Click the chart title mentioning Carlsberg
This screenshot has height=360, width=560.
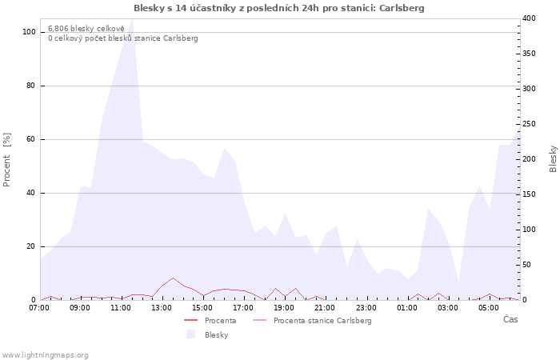(x=279, y=8)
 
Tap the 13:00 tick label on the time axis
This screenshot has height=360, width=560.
(x=162, y=308)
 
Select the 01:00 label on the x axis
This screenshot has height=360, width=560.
(x=406, y=308)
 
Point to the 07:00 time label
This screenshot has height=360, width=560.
(x=39, y=308)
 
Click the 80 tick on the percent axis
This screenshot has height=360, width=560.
(x=31, y=86)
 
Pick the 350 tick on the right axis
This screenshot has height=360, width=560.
(x=529, y=54)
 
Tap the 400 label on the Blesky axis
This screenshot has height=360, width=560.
(x=529, y=18)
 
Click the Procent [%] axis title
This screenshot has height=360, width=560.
(x=7, y=160)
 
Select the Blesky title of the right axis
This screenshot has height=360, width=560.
(x=553, y=159)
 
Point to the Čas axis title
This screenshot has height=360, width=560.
(x=510, y=319)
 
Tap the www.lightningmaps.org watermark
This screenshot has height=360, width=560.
(x=45, y=355)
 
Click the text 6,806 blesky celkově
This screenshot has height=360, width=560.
(x=86, y=29)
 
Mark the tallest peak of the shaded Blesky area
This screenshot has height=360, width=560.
(x=133, y=19)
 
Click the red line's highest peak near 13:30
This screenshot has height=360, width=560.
(x=173, y=278)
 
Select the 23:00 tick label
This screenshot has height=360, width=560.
(x=366, y=308)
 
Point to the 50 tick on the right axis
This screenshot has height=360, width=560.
(x=527, y=265)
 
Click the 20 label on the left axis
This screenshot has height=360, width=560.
(x=31, y=246)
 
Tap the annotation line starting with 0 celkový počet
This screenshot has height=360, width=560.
(x=123, y=38)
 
